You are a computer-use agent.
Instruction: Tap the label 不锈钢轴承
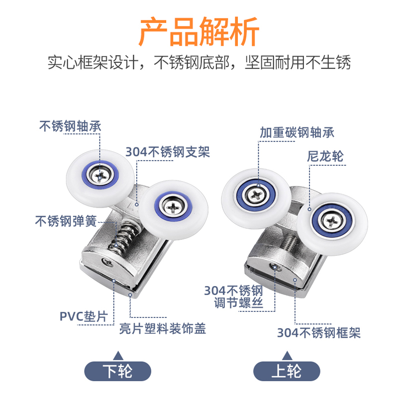point(70,126)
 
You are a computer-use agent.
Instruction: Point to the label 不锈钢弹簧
point(66,220)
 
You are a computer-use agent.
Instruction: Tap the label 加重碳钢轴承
point(297,132)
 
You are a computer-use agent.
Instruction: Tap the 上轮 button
point(287,371)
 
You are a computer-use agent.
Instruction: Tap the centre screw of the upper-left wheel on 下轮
point(101,174)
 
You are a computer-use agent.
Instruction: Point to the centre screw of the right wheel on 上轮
point(331,217)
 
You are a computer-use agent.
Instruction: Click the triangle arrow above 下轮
point(118,355)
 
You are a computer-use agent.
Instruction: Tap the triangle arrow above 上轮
point(287,355)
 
